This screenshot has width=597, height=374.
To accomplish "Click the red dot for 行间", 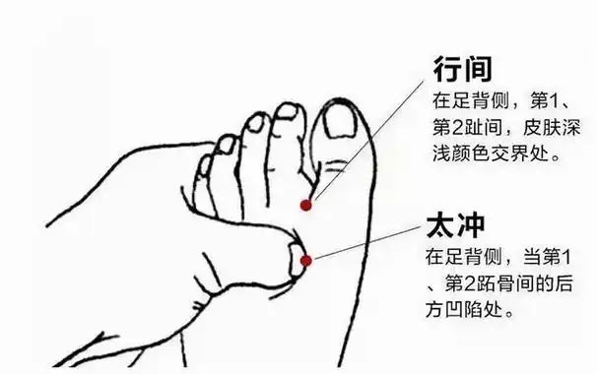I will pyautogui.click(x=305, y=205).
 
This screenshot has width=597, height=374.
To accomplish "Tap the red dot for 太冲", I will pyautogui.click(x=306, y=261).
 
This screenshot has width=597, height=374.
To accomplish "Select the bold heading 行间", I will pyautogui.click(x=463, y=69).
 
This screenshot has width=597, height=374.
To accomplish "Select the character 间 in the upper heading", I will pyautogui.click(x=479, y=69).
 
